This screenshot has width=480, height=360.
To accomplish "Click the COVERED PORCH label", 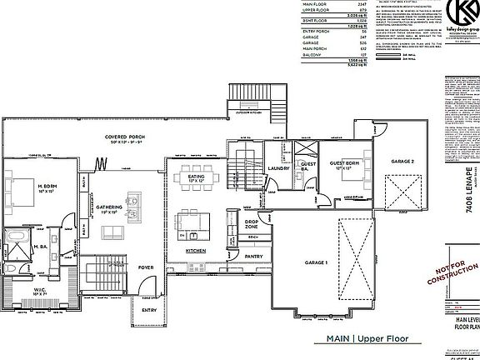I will [120, 135].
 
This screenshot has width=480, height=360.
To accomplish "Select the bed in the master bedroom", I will [17, 190].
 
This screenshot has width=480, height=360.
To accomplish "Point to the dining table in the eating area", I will [197, 178].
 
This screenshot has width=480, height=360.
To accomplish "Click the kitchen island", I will [193, 223].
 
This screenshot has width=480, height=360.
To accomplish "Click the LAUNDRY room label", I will [278, 168].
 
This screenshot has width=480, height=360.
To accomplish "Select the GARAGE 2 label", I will [402, 161].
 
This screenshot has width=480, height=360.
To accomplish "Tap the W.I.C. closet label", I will [38, 292].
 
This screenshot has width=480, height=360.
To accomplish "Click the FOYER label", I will [146, 267].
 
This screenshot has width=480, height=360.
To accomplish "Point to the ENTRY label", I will [148, 309].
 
